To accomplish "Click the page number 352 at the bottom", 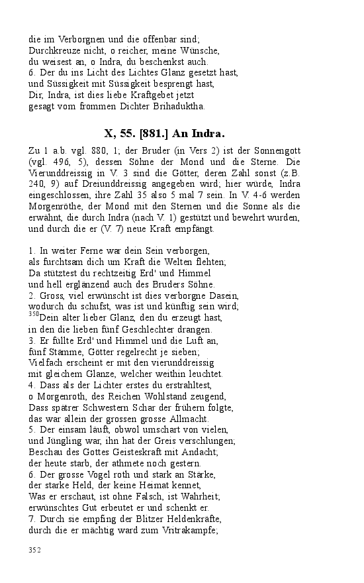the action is tap(36, 550).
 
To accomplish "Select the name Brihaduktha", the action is tap(179, 106).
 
